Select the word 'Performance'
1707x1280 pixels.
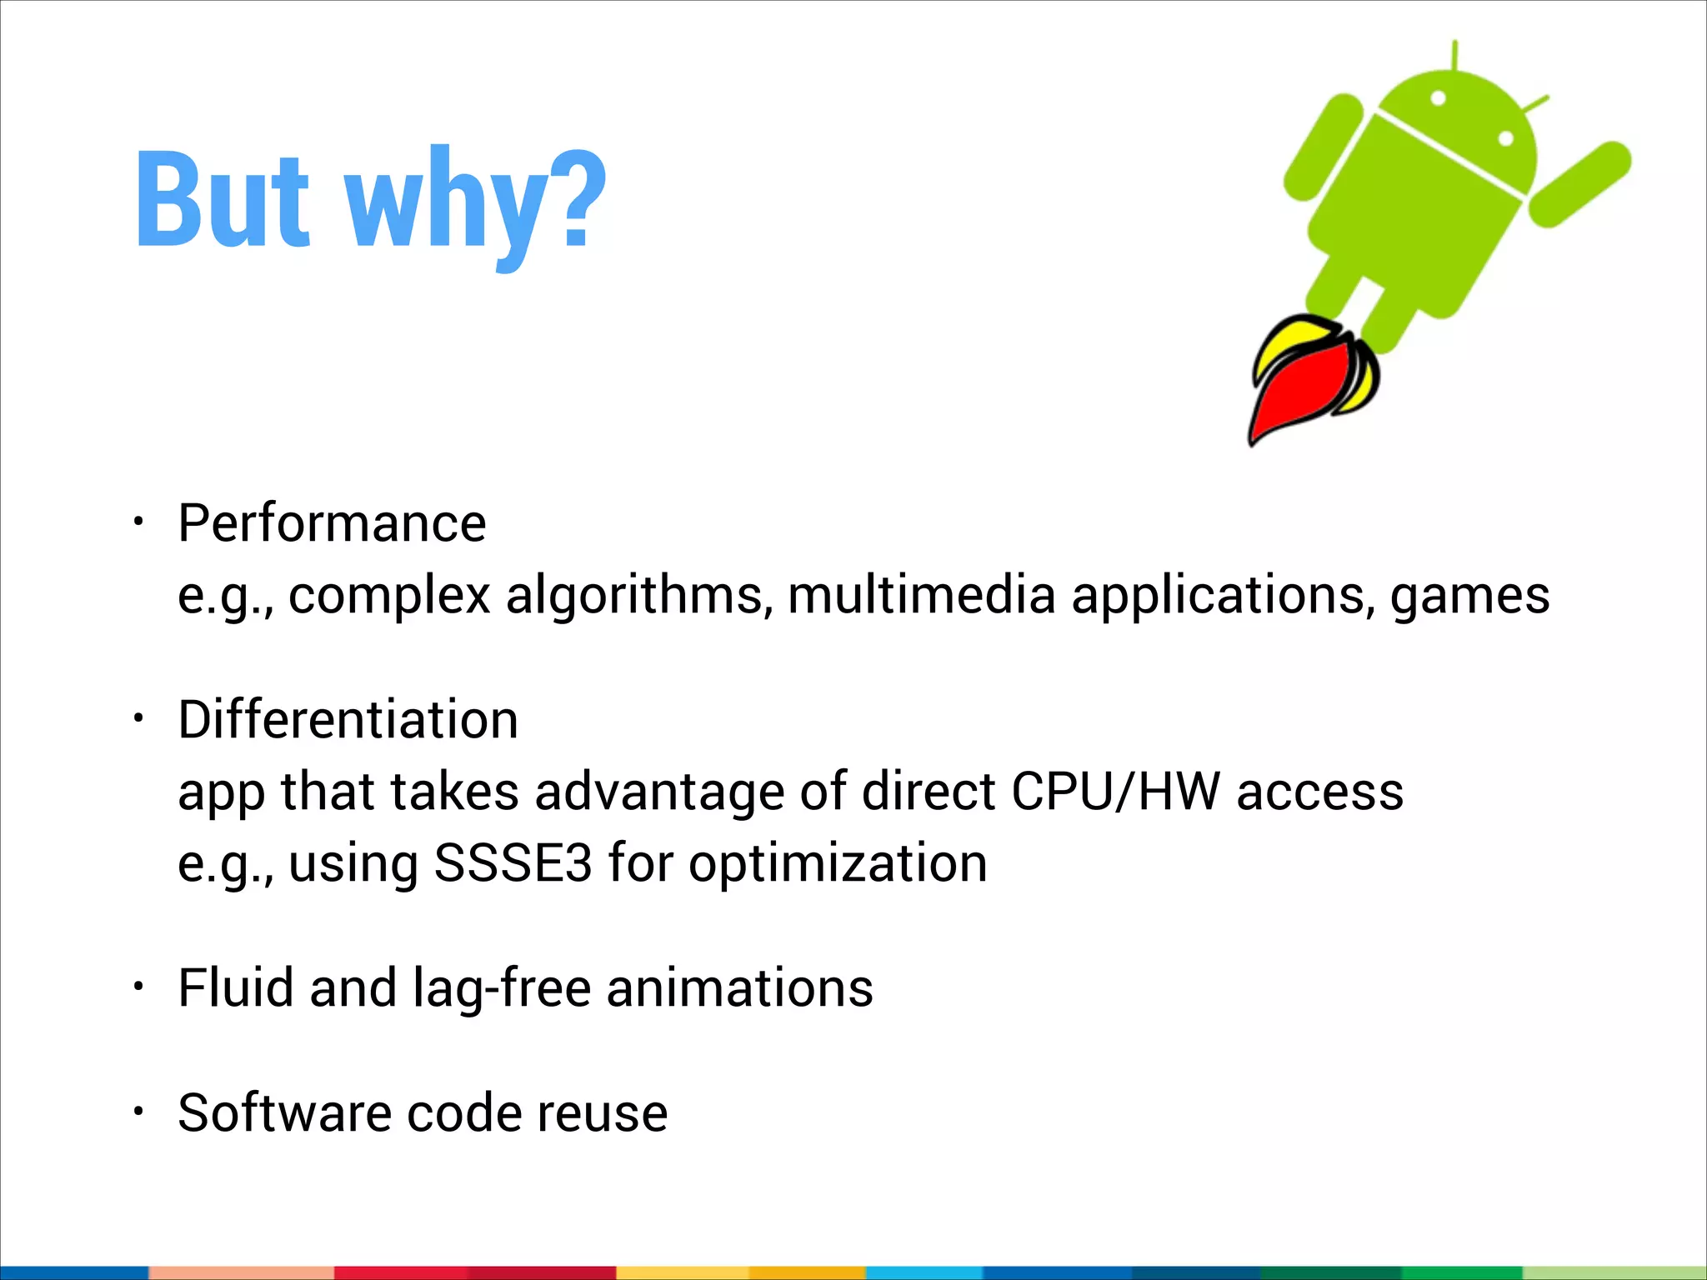pyautogui.click(x=332, y=524)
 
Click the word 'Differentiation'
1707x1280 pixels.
pyautogui.click(x=348, y=720)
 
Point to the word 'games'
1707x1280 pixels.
pyautogui.click(x=1469, y=597)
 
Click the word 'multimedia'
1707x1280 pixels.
pyautogui.click(x=921, y=597)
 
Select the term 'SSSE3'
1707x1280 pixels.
pyautogui.click(x=513, y=863)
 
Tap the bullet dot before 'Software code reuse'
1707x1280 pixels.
pyautogui.click(x=139, y=1111)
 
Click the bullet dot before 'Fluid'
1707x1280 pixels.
pyautogui.click(x=139, y=987)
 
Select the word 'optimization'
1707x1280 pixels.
pyautogui.click(x=838, y=863)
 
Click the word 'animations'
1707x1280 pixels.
pyautogui.click(x=739, y=988)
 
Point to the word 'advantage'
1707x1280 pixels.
pyautogui.click(x=659, y=792)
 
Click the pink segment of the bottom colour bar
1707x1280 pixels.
pyautogui.click(x=242, y=1272)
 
